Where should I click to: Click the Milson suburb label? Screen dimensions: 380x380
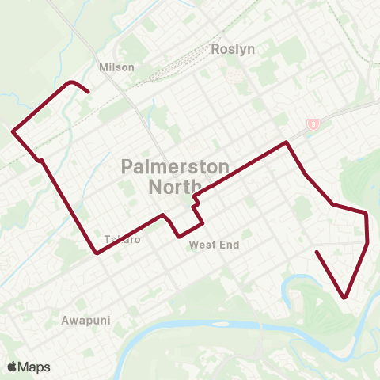[x=116, y=67]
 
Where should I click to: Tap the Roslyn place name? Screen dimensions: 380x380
[x=233, y=49]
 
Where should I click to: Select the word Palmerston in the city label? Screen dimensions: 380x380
[x=176, y=167]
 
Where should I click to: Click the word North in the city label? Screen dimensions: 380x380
[x=176, y=186]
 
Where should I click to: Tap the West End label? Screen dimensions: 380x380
[x=214, y=245]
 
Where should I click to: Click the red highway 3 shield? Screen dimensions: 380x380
[x=313, y=123]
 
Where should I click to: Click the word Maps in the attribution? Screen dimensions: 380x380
[x=35, y=367]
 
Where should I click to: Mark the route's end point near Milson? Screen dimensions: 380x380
[x=87, y=93]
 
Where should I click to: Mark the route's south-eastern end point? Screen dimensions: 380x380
[x=317, y=252]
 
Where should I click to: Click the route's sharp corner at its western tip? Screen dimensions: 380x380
[x=13, y=131]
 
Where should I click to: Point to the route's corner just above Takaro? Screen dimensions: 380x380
[x=97, y=253]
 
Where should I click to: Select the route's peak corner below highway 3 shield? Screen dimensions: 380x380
[x=286, y=142]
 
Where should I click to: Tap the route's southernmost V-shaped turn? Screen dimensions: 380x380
[x=346, y=298]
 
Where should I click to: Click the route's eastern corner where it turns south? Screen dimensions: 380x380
[x=366, y=213]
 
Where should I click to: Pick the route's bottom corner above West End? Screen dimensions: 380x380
[x=180, y=236]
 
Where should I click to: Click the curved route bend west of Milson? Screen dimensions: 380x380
[x=72, y=82]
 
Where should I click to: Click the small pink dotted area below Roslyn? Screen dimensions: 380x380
[x=234, y=75]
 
